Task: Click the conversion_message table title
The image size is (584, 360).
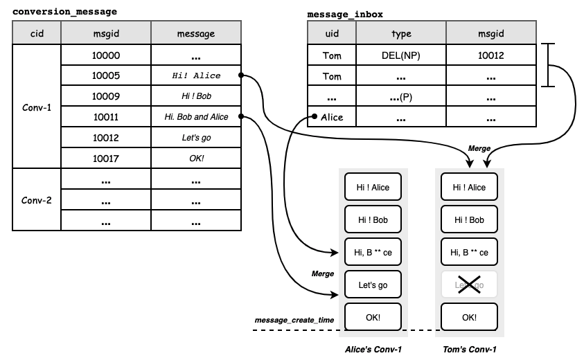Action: [x=65, y=12]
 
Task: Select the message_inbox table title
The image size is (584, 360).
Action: [x=345, y=15]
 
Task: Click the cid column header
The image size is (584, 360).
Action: [x=37, y=33]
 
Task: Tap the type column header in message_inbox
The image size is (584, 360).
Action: [x=401, y=33]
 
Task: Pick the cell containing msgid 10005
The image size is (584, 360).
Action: [x=106, y=75]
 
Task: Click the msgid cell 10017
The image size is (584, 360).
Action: [x=106, y=159]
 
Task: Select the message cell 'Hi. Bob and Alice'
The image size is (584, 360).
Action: [x=196, y=117]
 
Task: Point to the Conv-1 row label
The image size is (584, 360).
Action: [x=37, y=107]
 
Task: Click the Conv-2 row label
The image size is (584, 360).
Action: [x=37, y=200]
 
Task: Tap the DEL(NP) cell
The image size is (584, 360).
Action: [x=401, y=55]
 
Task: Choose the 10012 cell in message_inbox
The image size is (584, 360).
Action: [x=491, y=55]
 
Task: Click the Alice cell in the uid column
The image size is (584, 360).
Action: [x=332, y=117]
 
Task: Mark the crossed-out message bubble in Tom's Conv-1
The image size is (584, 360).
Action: [x=469, y=285]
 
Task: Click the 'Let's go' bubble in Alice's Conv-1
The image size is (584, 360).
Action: [x=373, y=285]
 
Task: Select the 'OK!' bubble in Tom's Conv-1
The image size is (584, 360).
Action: [x=469, y=317]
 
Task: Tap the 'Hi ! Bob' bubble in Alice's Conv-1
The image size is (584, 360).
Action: [x=373, y=219]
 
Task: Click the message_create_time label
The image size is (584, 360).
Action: [x=294, y=320]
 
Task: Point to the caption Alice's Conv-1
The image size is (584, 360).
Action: [x=373, y=349]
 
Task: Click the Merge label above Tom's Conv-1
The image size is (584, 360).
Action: [x=479, y=148]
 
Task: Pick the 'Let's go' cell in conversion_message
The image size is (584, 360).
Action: [x=196, y=137]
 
